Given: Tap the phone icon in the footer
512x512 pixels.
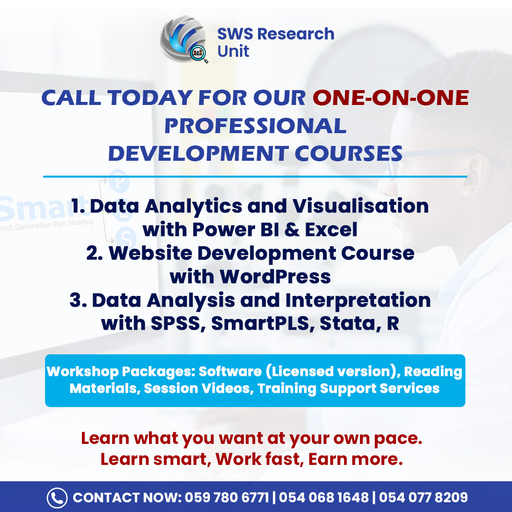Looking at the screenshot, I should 57,498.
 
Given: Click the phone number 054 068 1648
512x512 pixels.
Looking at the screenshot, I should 324,498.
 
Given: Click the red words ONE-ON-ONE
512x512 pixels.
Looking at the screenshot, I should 391,98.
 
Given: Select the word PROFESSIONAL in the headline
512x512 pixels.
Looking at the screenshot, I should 255,126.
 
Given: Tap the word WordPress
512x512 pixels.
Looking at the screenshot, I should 275,276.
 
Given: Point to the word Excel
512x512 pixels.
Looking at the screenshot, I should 331,230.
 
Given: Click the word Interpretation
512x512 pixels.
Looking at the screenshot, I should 360,300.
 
